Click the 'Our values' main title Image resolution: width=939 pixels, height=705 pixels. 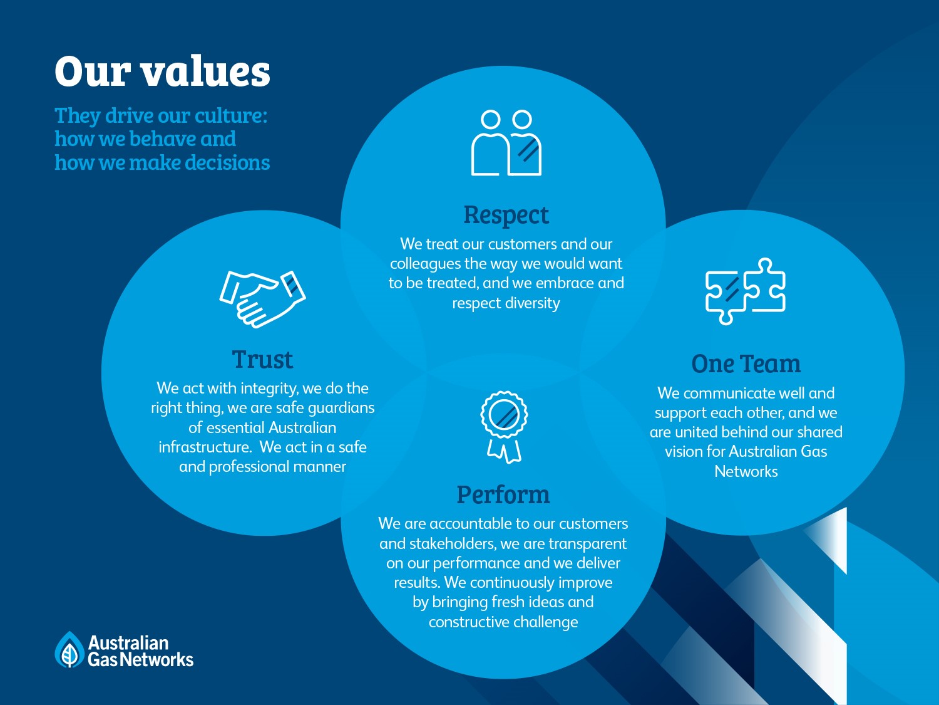162,71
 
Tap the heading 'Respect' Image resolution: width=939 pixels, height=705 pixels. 506,215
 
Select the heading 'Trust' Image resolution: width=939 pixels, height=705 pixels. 262,360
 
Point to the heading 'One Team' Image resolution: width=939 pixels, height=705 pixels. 746,364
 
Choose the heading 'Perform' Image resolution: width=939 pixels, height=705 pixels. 503,495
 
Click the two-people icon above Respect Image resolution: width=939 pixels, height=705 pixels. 506,143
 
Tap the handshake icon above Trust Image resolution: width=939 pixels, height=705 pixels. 262,298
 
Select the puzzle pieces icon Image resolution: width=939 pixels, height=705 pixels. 745,291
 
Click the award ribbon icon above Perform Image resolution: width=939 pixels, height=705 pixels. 504,427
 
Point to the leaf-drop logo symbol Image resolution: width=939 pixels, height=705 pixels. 69,650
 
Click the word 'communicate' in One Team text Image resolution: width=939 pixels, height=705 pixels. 724,394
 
